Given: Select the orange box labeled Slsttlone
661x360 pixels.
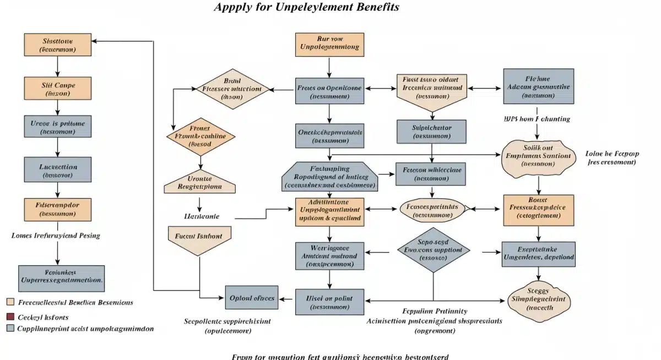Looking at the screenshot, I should pos(57,45).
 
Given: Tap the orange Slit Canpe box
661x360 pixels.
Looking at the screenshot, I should pos(57,88).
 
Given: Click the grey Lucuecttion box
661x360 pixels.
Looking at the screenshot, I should pos(57,170).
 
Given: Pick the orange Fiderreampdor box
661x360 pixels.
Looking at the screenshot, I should pos(57,209).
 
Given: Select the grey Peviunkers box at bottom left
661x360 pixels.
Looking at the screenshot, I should pos(61,278).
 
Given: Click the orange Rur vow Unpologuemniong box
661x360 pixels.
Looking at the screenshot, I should pos(329,45).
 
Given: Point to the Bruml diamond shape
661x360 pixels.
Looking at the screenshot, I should pos(231,89).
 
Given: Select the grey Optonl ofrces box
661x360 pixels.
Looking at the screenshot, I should pos(251,298).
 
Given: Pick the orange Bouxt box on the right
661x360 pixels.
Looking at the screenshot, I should pos(538,210).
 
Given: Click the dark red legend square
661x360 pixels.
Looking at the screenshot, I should pos(10,317).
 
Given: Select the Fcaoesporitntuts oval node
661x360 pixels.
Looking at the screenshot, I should pos(432,210).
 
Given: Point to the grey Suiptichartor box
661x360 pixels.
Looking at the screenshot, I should pos(432,132).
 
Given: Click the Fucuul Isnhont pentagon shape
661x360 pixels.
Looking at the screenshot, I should pos(199,237).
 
